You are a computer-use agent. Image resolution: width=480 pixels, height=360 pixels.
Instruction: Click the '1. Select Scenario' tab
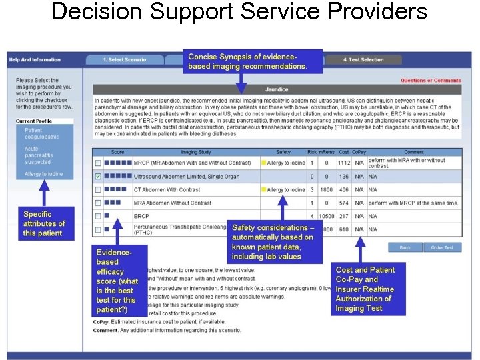coord(124,59)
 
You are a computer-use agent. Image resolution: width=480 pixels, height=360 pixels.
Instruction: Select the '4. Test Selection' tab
coord(363,59)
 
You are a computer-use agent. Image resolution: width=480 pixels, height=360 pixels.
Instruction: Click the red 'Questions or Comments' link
coord(431,81)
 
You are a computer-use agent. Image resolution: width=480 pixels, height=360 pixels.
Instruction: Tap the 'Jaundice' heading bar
coord(277,89)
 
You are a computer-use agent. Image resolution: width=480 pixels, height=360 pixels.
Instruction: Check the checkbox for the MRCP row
coord(98,163)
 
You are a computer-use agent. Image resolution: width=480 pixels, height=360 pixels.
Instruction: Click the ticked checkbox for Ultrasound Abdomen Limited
coord(98,177)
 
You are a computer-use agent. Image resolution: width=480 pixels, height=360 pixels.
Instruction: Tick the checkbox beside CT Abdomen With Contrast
coord(98,190)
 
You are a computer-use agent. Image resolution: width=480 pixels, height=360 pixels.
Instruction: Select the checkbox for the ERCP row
coord(98,216)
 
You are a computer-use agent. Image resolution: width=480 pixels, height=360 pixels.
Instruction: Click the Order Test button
coord(442,247)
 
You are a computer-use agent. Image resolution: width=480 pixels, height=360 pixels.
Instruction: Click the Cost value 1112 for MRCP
coord(343,163)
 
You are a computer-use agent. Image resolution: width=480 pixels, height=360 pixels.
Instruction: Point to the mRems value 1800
coord(326,190)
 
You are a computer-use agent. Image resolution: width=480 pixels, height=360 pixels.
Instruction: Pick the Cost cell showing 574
coord(343,203)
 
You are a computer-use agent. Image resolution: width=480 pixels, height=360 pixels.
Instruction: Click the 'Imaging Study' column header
coord(196,152)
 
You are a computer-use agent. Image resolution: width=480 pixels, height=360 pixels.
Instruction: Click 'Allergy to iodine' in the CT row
coord(285,190)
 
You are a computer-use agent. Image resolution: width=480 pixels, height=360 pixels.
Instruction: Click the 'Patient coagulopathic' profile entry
coord(41,133)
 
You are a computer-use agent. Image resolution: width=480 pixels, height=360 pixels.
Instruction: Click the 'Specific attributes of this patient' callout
coord(44,223)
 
